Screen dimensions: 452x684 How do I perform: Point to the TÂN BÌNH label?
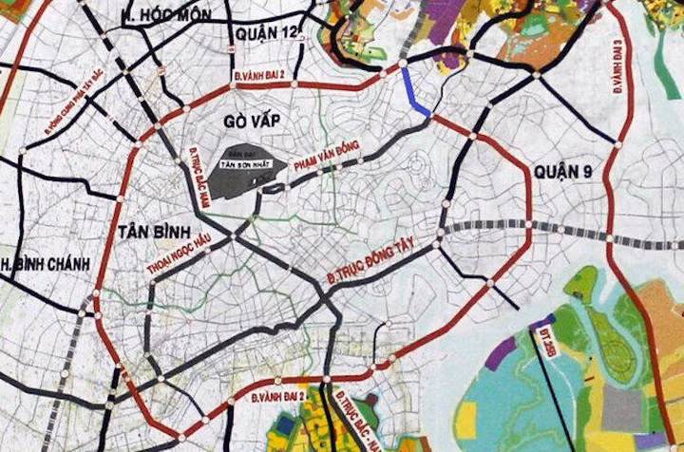click(x=156, y=232)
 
